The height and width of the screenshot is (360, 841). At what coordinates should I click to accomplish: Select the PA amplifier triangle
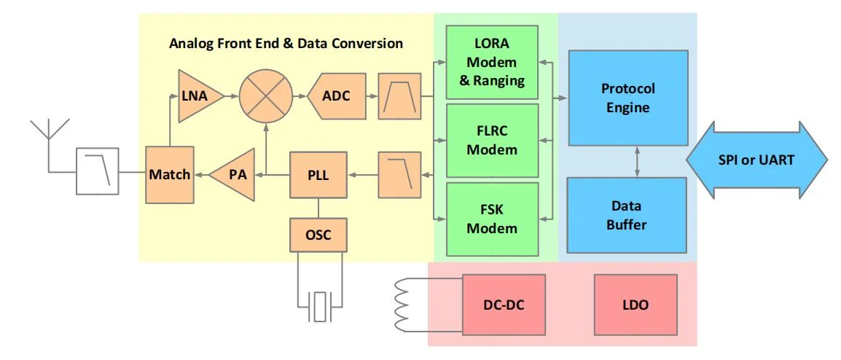235,175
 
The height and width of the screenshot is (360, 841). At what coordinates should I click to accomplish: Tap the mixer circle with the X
266,96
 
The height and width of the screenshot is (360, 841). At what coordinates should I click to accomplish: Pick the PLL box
316,175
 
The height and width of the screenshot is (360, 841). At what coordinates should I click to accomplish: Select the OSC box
316,235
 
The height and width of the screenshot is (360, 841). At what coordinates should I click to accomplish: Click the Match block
169,175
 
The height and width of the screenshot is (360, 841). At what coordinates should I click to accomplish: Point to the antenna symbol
49,135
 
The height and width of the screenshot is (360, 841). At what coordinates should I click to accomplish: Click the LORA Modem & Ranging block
492,63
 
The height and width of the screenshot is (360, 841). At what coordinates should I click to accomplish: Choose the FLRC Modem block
492,141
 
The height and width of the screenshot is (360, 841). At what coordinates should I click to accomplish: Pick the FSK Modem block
492,219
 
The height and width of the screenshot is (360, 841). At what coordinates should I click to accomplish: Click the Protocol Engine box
627,98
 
